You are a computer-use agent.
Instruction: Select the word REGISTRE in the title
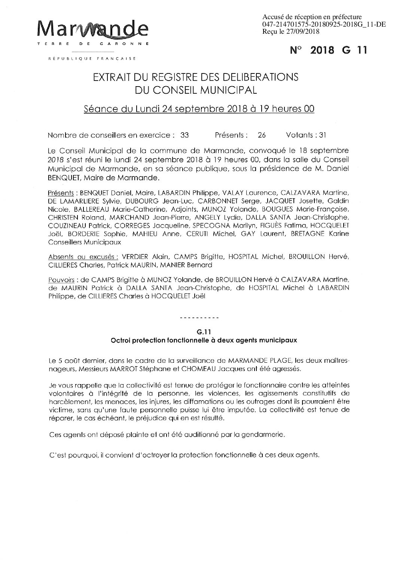coord(179,78)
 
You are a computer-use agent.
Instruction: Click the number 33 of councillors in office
coord(185,135)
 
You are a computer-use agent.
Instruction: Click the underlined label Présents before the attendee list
coord(61,193)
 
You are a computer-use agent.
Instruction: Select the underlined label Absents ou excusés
coord(83,257)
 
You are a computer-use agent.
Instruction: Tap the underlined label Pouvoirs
coord(61,280)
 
